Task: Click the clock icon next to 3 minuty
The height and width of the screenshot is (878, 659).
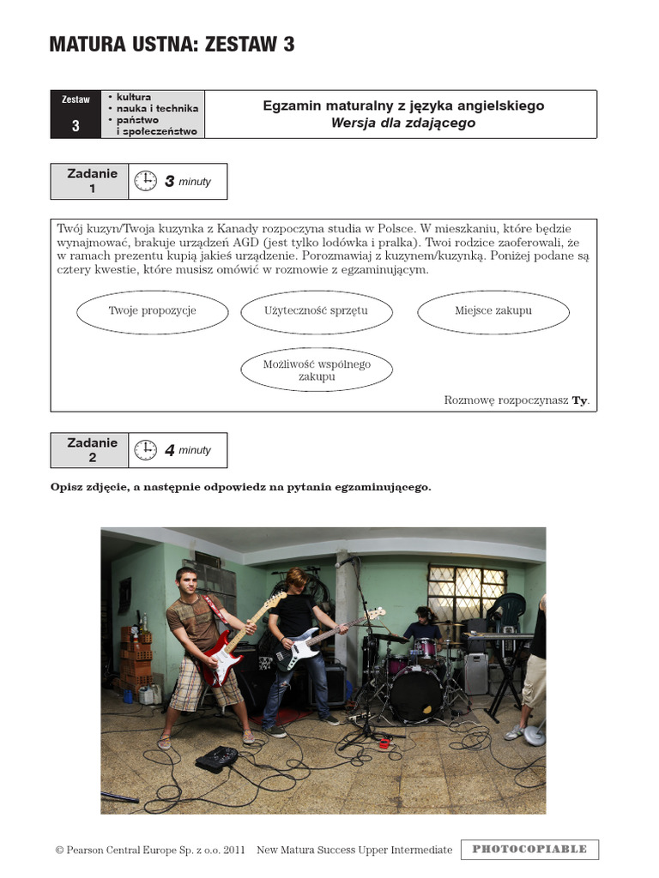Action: (x=146, y=181)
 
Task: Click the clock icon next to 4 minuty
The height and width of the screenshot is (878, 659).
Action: (x=146, y=449)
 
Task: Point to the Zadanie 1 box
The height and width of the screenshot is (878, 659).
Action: (x=89, y=181)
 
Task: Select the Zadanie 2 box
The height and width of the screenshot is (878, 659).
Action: (x=89, y=449)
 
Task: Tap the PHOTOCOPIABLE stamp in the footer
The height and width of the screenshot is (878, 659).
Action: (x=529, y=849)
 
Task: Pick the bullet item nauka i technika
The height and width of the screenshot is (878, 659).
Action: (x=154, y=109)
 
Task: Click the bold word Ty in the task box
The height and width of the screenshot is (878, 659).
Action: (x=579, y=400)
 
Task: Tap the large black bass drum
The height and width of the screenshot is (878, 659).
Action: (x=416, y=693)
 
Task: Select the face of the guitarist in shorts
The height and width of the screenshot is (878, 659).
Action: (x=186, y=583)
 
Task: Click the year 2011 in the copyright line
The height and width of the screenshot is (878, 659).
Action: (x=234, y=850)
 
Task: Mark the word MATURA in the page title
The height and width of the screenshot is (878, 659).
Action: (x=88, y=45)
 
